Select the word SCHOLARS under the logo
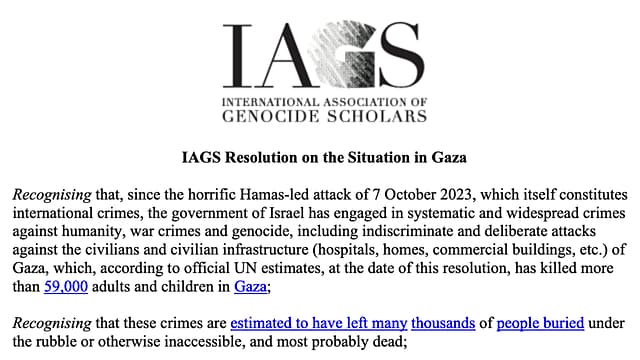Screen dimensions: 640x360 pos(381,116)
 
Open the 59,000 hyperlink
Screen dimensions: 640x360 pos(61,258)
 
